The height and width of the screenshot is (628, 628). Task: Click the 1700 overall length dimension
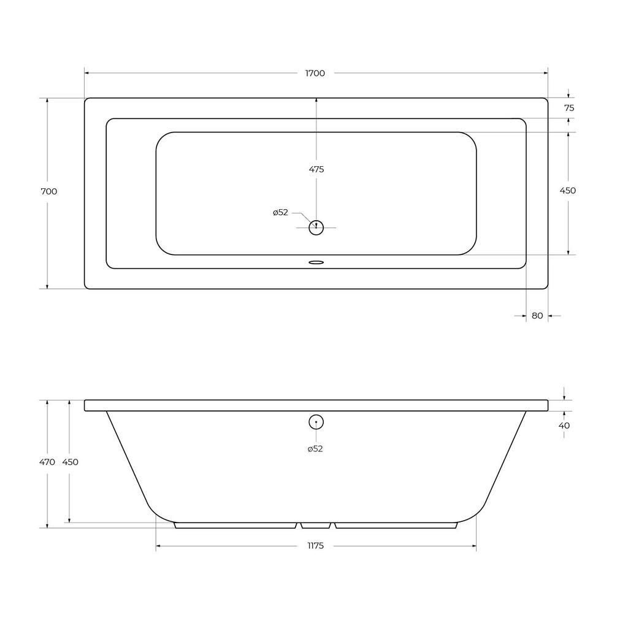[315, 74]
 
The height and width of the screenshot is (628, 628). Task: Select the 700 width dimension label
[49, 191]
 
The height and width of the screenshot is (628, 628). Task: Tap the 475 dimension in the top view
[316, 169]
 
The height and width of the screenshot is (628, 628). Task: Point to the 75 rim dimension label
[569, 108]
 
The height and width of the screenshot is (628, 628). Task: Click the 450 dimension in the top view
[567, 191]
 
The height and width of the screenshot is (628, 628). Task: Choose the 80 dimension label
[537, 316]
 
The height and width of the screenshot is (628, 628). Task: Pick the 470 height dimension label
[47, 462]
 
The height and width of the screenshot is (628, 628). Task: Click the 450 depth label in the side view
[70, 462]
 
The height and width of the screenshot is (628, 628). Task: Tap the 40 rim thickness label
[564, 426]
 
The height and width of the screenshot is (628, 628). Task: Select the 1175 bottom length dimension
[316, 545]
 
